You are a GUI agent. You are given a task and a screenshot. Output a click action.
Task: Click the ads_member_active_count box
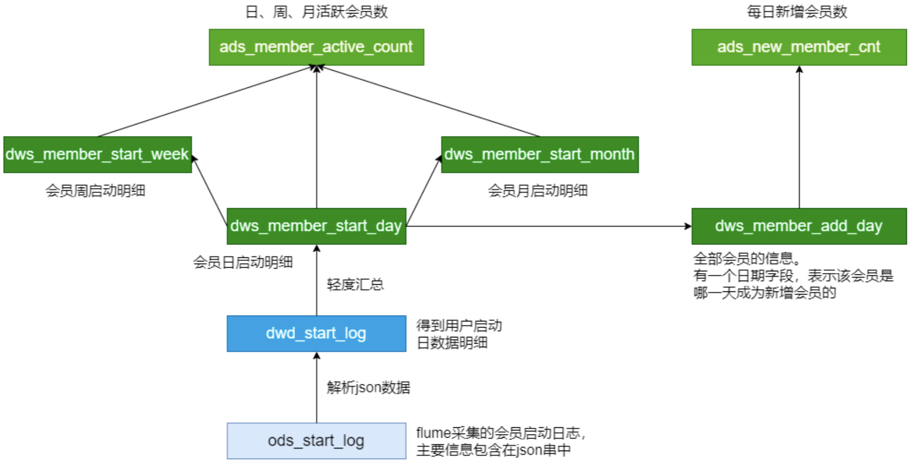coord(316,47)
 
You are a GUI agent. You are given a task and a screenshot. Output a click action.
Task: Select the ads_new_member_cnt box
coord(799,47)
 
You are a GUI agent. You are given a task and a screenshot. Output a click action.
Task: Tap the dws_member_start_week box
coord(97,154)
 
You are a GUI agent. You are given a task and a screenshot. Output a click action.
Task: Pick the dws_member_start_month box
coord(540,154)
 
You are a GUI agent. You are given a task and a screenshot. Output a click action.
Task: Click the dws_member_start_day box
coord(316,226)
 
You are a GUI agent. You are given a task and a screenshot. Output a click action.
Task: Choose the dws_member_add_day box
coord(799,226)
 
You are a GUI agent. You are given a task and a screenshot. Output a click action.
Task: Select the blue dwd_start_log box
coord(316,334)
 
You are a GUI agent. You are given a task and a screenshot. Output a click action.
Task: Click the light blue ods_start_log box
coord(316,441)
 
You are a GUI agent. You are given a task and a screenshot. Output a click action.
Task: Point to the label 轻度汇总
coord(355,285)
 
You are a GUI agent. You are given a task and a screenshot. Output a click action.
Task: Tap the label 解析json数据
coord(368,388)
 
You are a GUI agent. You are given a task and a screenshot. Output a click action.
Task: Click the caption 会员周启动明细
coord(96,191)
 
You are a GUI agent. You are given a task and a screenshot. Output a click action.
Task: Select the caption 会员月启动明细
coord(538,191)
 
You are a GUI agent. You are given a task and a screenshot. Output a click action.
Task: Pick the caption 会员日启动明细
coord(243,262)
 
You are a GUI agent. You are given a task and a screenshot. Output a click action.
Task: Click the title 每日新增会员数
coord(797,12)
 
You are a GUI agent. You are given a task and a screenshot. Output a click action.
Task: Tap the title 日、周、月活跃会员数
coord(316,12)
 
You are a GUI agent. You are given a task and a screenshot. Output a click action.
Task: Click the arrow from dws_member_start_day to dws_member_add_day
coord(548,226)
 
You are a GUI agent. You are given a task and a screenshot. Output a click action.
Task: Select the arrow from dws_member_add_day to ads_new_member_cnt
coord(799,137)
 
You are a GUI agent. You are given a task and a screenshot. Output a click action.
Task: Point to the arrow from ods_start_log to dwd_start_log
coord(317,388)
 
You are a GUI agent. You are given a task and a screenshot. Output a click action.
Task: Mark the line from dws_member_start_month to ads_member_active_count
coord(429,101)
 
